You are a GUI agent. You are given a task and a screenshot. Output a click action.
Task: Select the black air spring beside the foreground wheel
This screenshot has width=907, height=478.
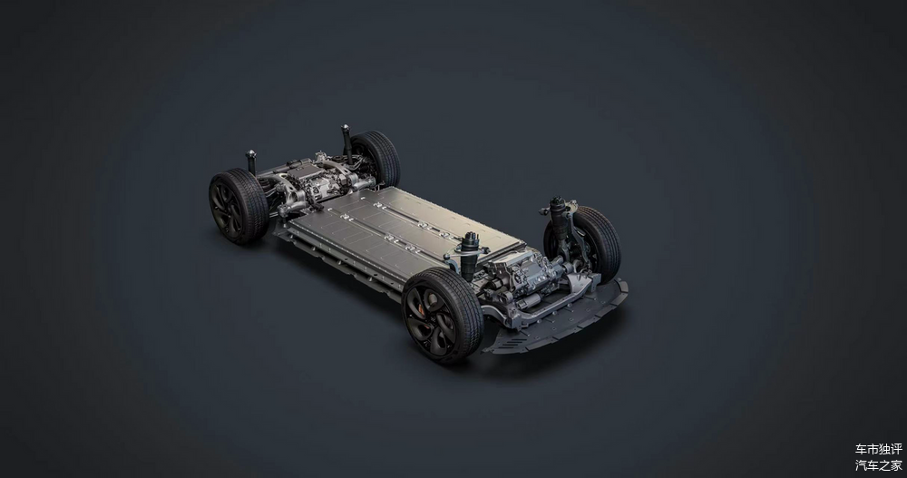pyautogui.click(x=469, y=257)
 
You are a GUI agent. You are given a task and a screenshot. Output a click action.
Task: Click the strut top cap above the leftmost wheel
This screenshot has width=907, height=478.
pyautogui.click(x=250, y=154)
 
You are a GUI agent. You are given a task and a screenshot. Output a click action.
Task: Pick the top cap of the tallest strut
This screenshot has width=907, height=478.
pyautogui.click(x=346, y=127)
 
